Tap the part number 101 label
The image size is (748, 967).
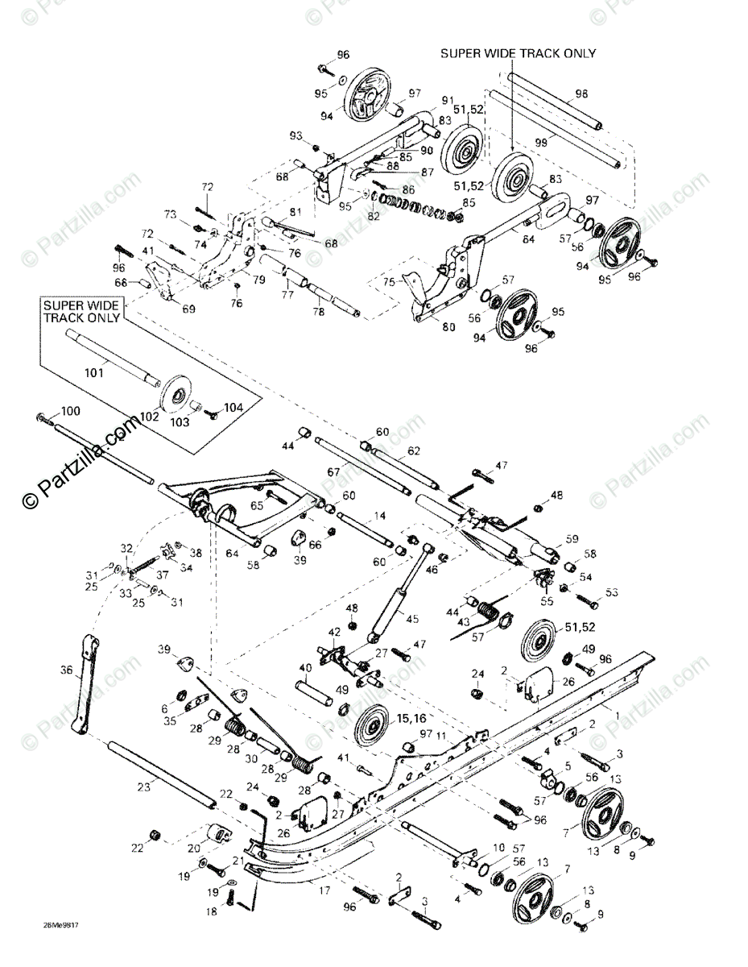94,373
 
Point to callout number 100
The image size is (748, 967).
71,412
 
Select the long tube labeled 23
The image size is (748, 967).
161,773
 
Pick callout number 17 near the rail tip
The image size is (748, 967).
324,892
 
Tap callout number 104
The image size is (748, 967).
233,407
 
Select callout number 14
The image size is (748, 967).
378,516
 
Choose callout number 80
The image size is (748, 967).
448,327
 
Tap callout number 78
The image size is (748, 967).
318,312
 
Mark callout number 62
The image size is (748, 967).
414,450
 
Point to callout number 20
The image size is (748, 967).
193,849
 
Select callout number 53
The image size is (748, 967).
612,592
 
